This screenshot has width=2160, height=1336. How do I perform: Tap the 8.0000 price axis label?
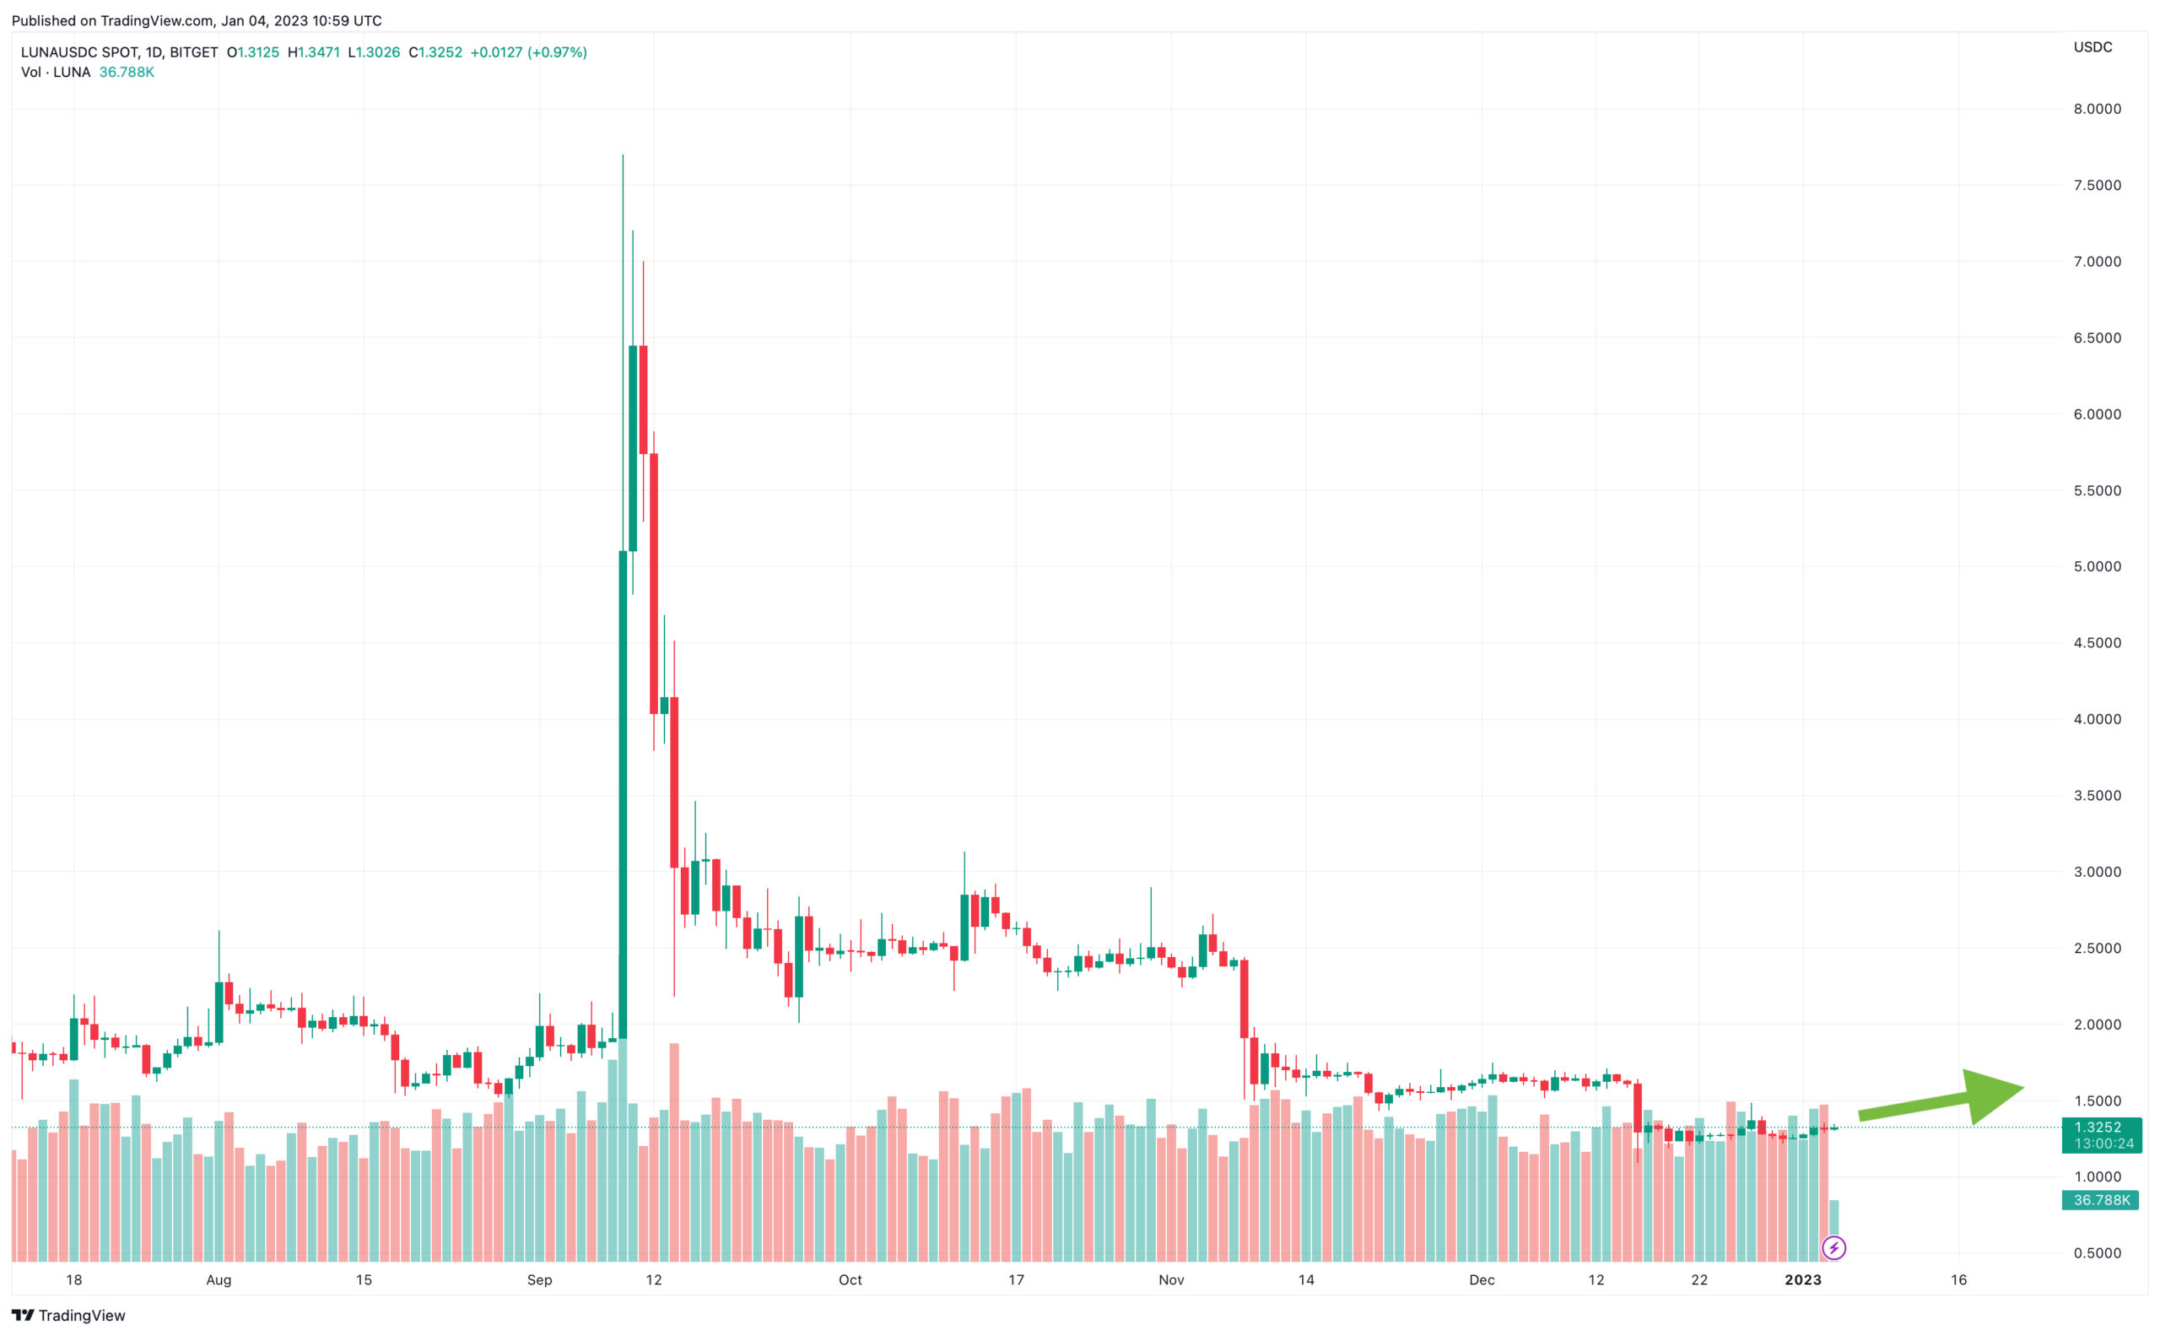tap(2097, 109)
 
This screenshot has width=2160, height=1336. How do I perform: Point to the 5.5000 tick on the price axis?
tap(2097, 490)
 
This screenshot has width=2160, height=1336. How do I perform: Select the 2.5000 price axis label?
tap(2097, 948)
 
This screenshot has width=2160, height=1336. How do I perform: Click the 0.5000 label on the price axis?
tap(2097, 1253)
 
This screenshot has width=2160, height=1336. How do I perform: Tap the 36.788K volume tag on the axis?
tap(2101, 1200)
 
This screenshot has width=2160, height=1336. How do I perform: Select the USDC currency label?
tap(2092, 46)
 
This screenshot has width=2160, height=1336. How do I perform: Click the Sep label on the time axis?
tap(539, 1279)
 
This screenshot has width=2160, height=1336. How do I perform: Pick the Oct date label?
tap(850, 1279)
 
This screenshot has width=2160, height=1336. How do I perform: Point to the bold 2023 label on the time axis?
tap(1802, 1279)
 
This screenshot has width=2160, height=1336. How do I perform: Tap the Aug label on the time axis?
tap(219, 1279)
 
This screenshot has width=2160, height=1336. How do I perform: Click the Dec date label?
tap(1482, 1279)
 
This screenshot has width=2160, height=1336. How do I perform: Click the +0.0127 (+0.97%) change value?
tap(528, 52)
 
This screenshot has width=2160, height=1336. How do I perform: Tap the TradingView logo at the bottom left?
tap(68, 1315)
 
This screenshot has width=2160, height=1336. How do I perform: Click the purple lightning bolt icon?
tap(1833, 1247)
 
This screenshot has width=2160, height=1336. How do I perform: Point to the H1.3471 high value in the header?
tap(314, 52)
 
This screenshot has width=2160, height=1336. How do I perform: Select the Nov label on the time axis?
tap(1170, 1279)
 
